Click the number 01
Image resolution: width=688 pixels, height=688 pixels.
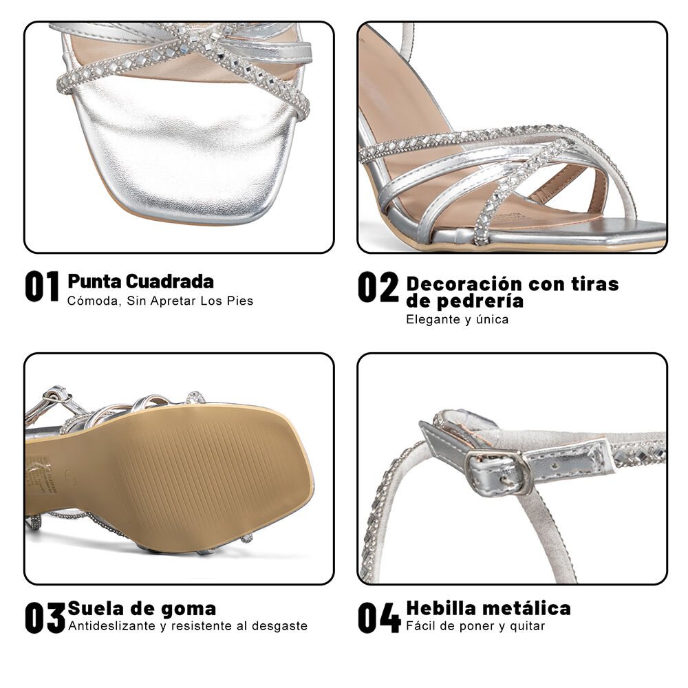42,287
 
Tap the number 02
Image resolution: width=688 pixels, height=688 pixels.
378,288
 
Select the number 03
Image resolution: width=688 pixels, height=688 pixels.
45,617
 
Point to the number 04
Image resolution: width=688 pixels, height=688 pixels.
378,617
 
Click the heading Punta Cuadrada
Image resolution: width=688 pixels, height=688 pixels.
140,281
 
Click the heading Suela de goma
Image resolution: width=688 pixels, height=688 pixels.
142,609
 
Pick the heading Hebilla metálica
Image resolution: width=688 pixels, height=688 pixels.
488,608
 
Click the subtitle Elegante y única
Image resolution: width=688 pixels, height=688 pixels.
457,319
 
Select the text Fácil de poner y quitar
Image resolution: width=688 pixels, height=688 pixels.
475,626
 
